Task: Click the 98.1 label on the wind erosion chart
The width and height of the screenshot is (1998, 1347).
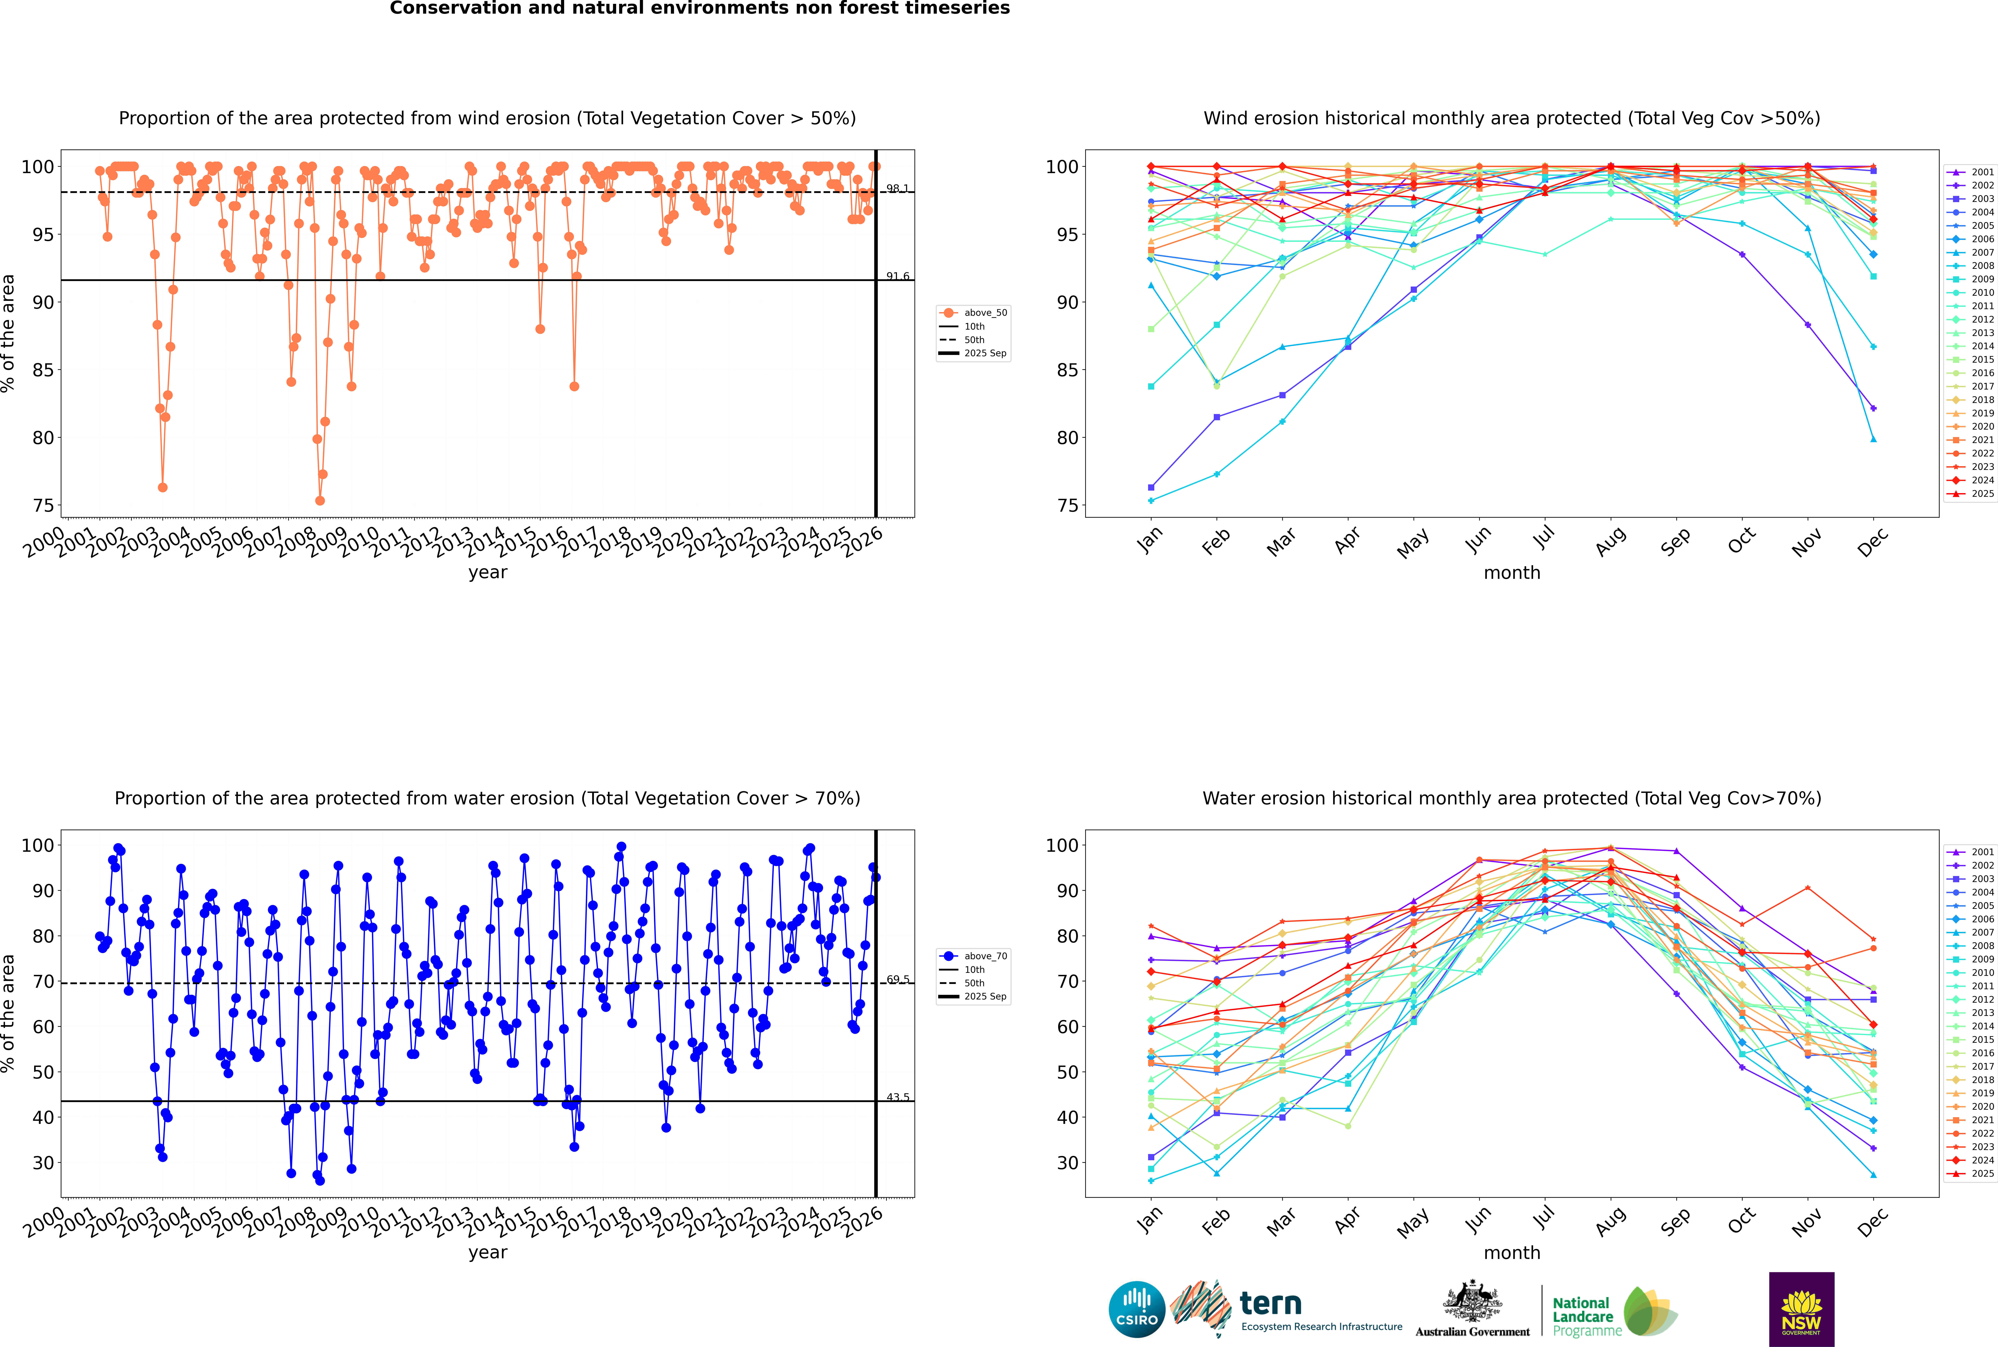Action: pos(897,188)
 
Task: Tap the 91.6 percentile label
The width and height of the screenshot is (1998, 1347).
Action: pos(897,276)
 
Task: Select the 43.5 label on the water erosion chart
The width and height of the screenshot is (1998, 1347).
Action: pos(897,1097)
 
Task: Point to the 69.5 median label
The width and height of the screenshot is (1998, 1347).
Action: pos(897,979)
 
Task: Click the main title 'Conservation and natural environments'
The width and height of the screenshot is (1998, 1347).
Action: pos(699,9)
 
